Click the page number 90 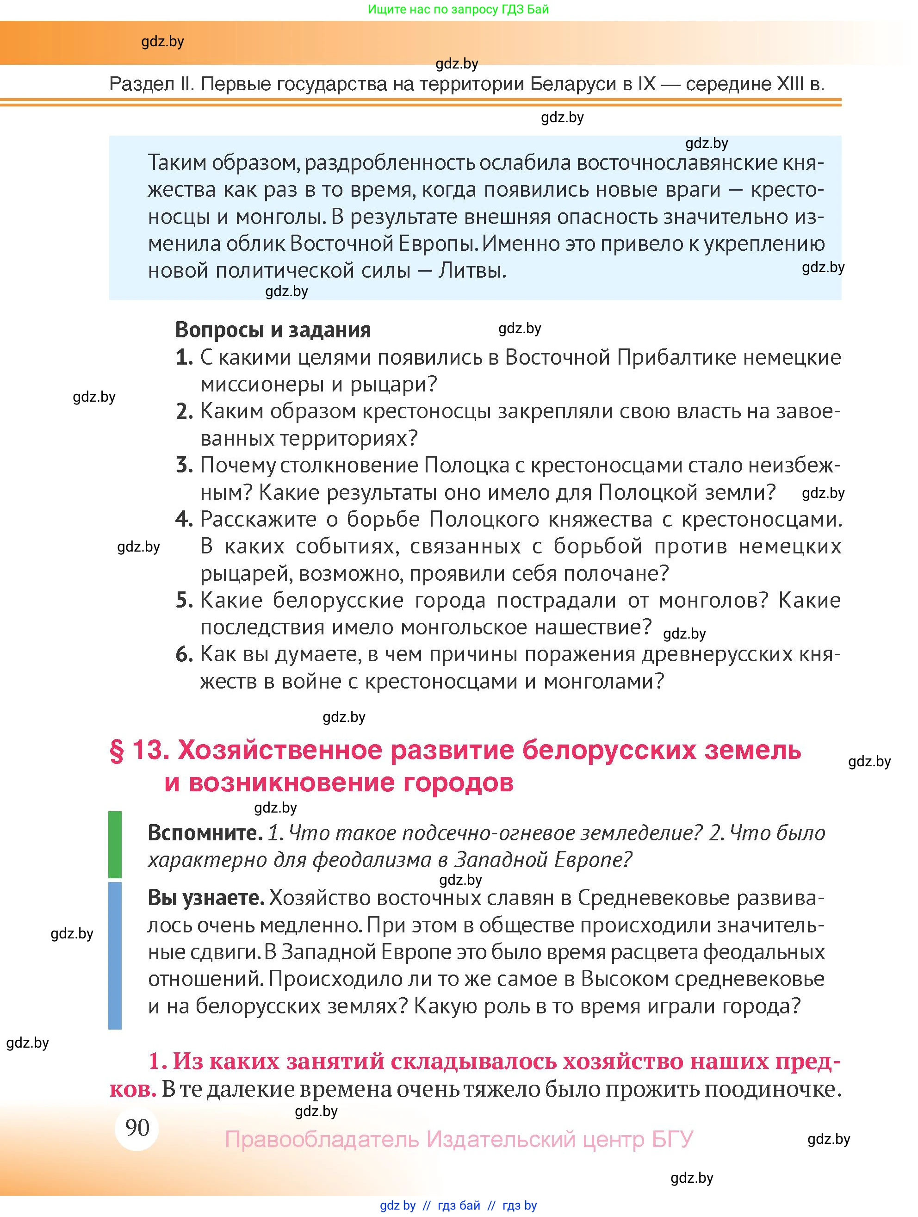[x=137, y=1127]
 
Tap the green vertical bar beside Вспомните [x=115, y=844]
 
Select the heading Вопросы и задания [x=273, y=329]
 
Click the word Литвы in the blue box [x=471, y=271]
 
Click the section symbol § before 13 [x=117, y=751]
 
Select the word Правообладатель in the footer [x=322, y=1139]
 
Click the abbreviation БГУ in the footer [x=672, y=1139]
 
